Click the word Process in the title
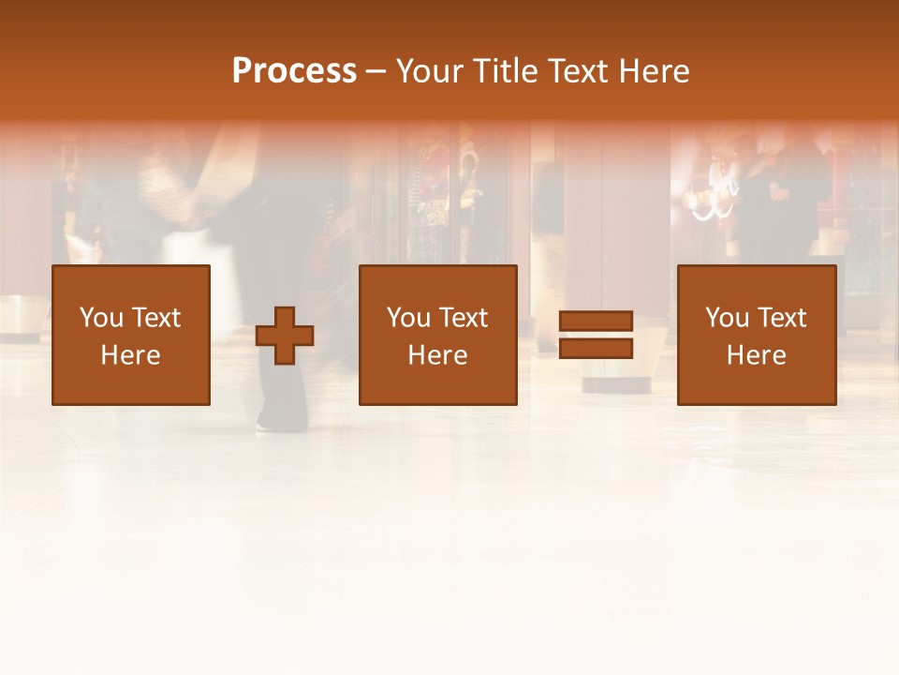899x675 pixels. pyautogui.click(x=294, y=71)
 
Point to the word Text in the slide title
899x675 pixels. pyautogui.click(x=579, y=71)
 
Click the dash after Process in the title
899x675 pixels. pyautogui.click(x=376, y=73)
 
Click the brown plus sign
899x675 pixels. pyautogui.click(x=285, y=336)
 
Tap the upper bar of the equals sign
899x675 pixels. pyautogui.click(x=596, y=322)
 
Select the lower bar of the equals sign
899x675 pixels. pyautogui.click(x=596, y=349)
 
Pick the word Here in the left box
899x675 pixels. pyautogui.click(x=130, y=355)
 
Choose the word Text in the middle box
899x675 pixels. pyautogui.click(x=463, y=318)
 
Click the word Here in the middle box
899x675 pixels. pyautogui.click(x=437, y=355)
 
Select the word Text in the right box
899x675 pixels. pyautogui.click(x=781, y=318)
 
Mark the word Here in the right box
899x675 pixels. pyautogui.click(x=756, y=355)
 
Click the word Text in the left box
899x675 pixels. pyautogui.click(x=155, y=318)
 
